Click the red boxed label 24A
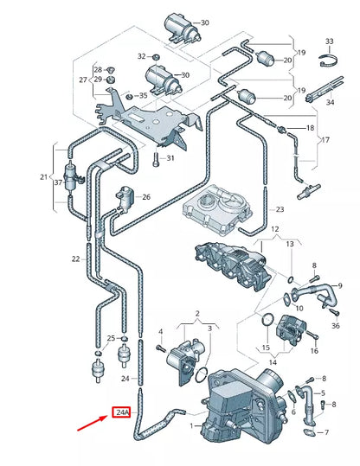[x=121, y=413]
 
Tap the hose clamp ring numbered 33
[x=327, y=61]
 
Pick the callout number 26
[x=146, y=197]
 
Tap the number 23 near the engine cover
[x=280, y=210]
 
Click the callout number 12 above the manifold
[x=274, y=229]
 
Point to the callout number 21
[x=46, y=177]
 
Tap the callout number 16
[x=314, y=351]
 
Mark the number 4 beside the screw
[x=160, y=331]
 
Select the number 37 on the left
[x=59, y=182]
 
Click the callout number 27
[x=83, y=80]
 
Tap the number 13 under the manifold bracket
[x=290, y=245]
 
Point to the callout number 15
[x=266, y=347]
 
